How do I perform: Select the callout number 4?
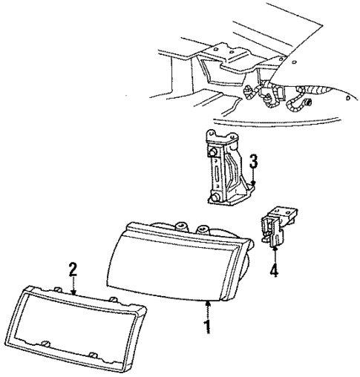pyautogui.click(x=274, y=271)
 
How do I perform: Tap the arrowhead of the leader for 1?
pyautogui.click(x=209, y=301)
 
